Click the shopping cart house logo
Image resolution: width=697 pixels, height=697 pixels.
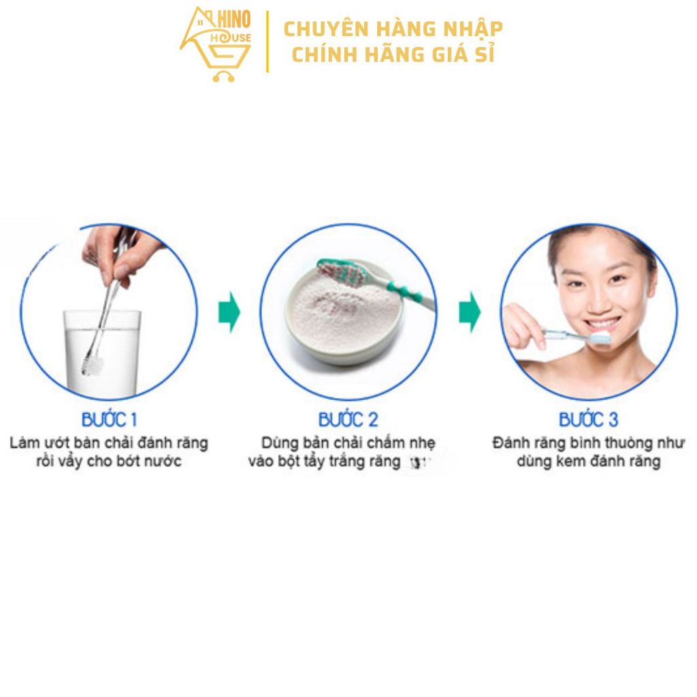click(x=216, y=44)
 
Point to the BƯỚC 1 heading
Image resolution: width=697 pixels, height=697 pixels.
click(x=110, y=419)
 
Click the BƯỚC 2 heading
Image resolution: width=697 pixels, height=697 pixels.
click(x=348, y=419)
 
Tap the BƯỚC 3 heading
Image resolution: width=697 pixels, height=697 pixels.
click(x=589, y=419)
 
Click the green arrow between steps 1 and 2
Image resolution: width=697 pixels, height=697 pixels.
click(x=229, y=312)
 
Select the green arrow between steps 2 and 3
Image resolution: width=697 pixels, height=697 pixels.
click(x=470, y=312)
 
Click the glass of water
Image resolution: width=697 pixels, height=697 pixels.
click(x=102, y=353)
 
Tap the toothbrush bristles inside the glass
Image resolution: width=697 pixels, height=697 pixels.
click(x=93, y=365)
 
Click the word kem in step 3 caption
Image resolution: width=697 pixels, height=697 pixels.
click(x=569, y=461)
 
